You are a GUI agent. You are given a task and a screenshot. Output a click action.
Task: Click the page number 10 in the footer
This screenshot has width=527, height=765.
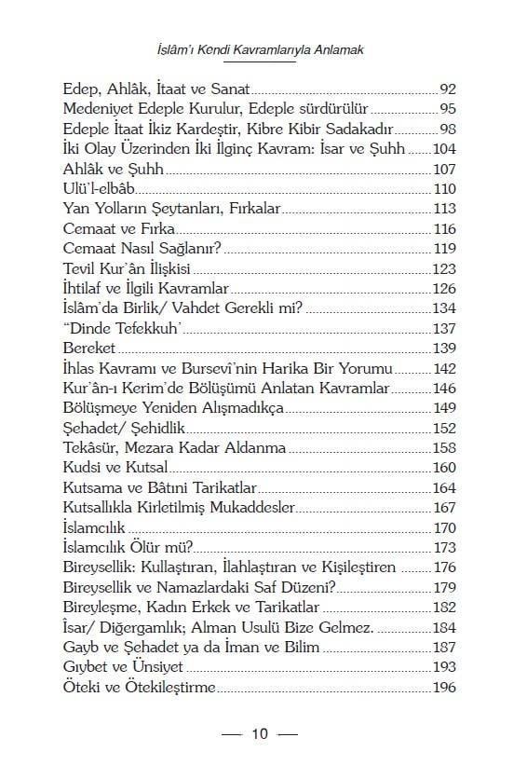[x=260, y=733]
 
